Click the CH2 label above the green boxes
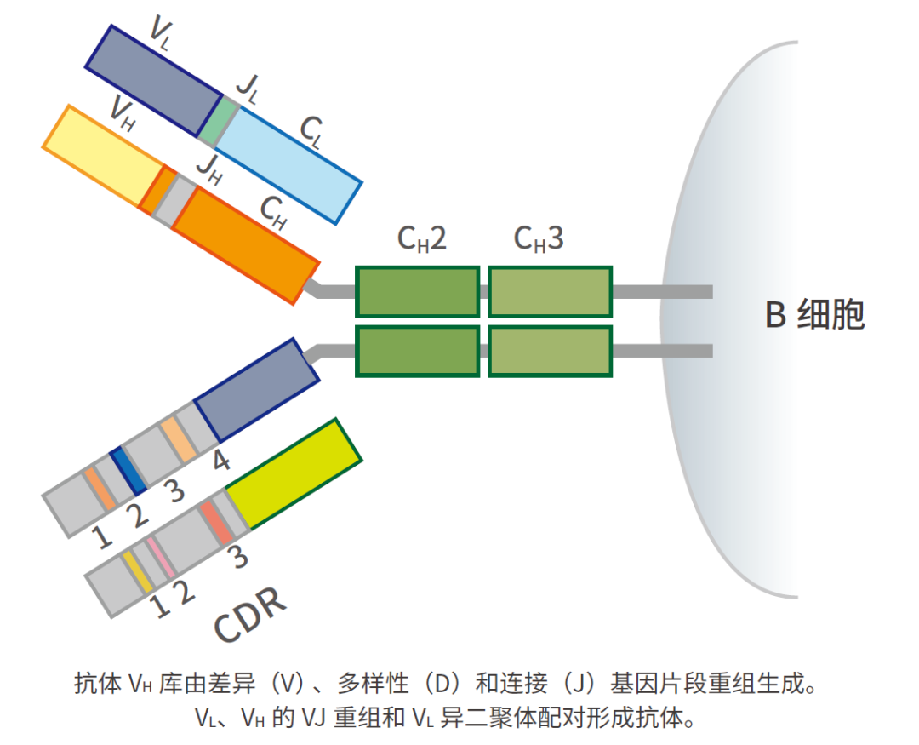point(422,241)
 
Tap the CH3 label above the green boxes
point(539,241)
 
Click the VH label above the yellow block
point(123,112)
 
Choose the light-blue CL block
point(289,163)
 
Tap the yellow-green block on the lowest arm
point(294,473)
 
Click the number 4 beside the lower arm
point(220,461)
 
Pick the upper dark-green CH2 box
point(417,292)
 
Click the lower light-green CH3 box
point(550,351)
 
